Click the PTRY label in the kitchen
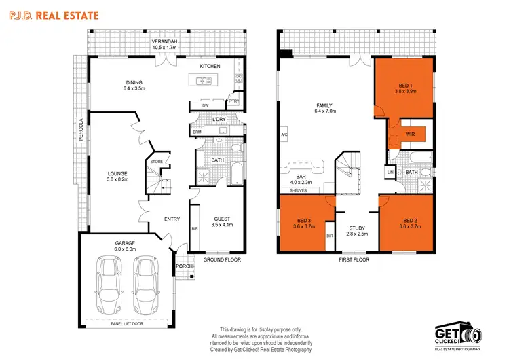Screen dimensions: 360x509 pyautogui.click(x=233, y=102)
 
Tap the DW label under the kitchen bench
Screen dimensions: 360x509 pyautogui.click(x=205, y=106)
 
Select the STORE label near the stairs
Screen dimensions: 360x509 pyautogui.click(x=156, y=162)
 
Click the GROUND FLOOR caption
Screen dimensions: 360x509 pyautogui.click(x=221, y=259)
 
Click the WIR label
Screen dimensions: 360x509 pyautogui.click(x=410, y=134)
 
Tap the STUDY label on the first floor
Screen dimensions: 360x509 pyautogui.click(x=357, y=230)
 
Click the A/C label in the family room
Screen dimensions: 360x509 pyautogui.click(x=284, y=135)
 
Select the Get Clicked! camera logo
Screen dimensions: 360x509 pyautogui.click(x=459, y=332)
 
